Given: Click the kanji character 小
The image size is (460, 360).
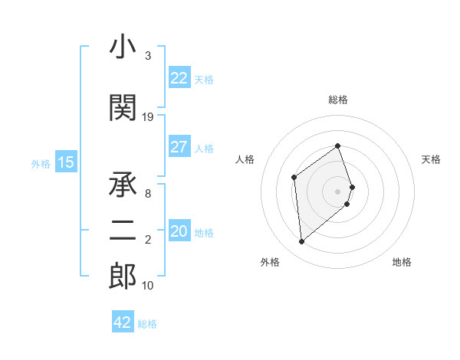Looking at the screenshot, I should pyautogui.click(x=123, y=48).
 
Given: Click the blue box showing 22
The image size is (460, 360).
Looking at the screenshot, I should pyautogui.click(x=179, y=78).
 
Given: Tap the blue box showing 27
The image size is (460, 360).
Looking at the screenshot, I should pyautogui.click(x=179, y=147).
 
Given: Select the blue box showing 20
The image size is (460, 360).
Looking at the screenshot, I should pyautogui.click(x=179, y=232).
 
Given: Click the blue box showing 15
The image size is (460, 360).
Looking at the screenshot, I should pyautogui.click(x=66, y=162).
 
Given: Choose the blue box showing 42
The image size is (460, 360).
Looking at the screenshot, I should pyautogui.click(x=123, y=322).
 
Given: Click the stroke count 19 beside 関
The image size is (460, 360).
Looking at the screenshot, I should pyautogui.click(x=148, y=117).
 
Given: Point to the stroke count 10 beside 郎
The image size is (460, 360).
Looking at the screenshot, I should pyautogui.click(x=148, y=286).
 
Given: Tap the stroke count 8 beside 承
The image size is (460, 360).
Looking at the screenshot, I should pyautogui.click(x=147, y=194).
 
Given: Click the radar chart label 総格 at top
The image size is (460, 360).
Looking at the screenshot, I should pyautogui.click(x=338, y=100).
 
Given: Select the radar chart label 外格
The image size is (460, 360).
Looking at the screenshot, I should pyautogui.click(x=270, y=262).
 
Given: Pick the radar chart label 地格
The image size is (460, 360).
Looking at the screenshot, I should pyautogui.click(x=402, y=262).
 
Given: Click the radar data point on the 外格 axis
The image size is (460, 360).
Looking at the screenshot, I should pyautogui.click(x=301, y=242).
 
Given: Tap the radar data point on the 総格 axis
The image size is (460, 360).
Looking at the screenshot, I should pyautogui.click(x=338, y=146).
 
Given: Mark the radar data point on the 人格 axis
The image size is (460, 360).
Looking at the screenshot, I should pyautogui.click(x=294, y=178).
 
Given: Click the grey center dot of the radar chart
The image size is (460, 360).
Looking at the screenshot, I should pyautogui.click(x=338, y=191).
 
